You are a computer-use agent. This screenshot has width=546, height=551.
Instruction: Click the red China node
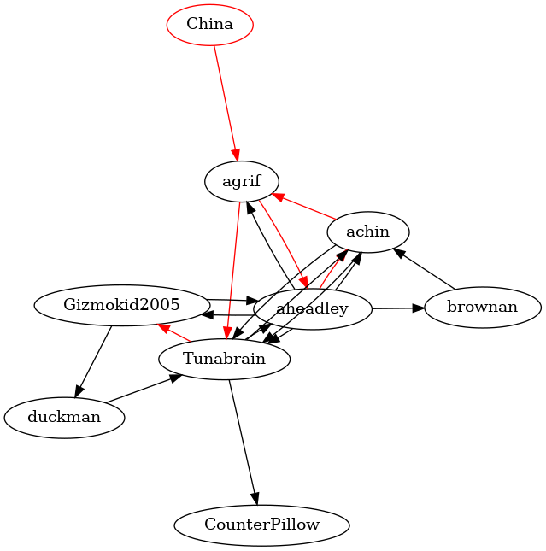[x=209, y=24]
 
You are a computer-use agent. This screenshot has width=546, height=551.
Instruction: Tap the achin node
[x=367, y=232]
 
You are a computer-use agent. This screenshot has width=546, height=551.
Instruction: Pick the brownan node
[x=482, y=307]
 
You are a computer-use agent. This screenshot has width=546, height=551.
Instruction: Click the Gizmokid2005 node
[x=121, y=305]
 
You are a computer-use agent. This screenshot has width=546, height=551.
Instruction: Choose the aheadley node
[x=313, y=308]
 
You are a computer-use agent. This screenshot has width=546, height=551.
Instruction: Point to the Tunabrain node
[x=224, y=360]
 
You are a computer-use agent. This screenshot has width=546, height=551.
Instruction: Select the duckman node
[x=64, y=418]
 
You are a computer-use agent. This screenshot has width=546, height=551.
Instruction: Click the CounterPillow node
[x=261, y=525]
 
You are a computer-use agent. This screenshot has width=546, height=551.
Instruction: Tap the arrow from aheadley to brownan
[x=397, y=308]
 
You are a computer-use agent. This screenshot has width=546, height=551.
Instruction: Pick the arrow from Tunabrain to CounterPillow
[x=243, y=440]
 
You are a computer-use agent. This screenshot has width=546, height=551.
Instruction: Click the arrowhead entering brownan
[x=418, y=308]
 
